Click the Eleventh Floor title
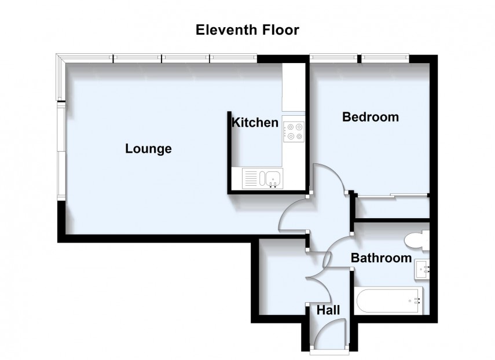point(247,30)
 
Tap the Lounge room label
point(149,149)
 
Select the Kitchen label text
point(255,123)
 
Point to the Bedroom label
point(371,117)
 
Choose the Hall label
point(328,311)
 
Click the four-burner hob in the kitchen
point(293,130)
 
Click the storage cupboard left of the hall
point(281,281)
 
